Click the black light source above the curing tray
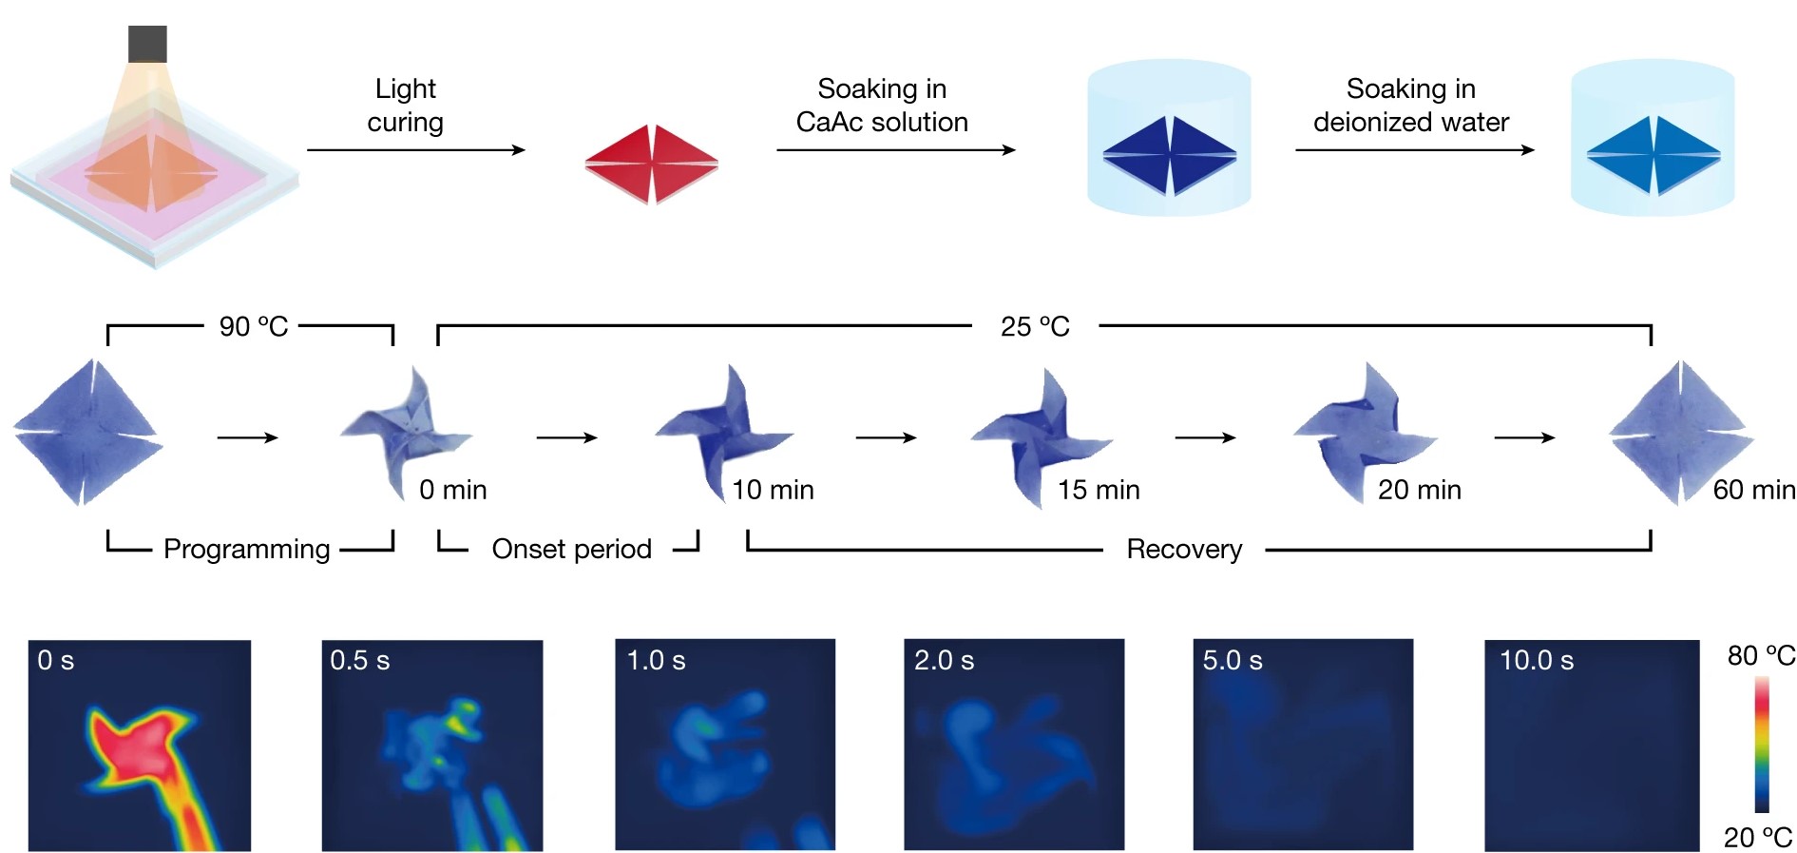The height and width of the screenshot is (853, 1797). click(147, 44)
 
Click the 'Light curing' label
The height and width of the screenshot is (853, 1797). click(406, 106)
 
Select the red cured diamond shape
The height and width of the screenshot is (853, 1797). click(652, 164)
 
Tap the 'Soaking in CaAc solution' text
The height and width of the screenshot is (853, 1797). click(882, 106)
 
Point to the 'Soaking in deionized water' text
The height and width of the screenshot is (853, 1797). click(1411, 106)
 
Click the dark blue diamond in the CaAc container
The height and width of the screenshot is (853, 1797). click(1170, 156)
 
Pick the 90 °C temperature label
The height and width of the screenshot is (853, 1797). click(253, 326)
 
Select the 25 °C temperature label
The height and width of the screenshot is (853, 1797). click(1035, 326)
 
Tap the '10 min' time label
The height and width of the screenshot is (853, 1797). click(773, 490)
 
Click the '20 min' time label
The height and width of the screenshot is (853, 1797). click(1420, 490)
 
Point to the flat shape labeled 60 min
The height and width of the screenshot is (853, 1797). click(1680, 433)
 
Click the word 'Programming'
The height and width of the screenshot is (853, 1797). click(247, 549)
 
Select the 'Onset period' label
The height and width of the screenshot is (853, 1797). click(572, 549)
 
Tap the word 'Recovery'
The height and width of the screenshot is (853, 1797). click(1184, 549)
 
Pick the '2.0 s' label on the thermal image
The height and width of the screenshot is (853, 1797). click(944, 660)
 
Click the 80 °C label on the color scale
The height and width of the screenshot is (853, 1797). click(1761, 655)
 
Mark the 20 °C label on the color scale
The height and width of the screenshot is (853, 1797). click(1758, 837)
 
